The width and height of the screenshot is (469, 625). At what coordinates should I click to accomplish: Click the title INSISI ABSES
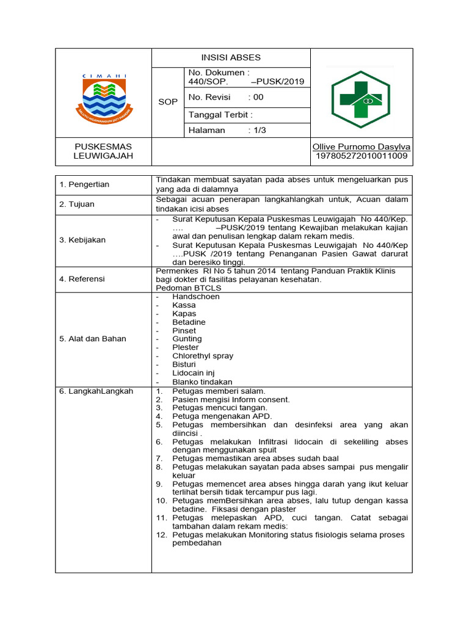pos(231,57)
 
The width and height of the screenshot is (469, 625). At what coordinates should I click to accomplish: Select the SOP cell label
pos(168,102)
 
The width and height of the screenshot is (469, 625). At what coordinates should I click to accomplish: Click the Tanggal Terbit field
pos(220,114)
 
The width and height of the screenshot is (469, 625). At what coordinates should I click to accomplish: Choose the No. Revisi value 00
pos(258,97)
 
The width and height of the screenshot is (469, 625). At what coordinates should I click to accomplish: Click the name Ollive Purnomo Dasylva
pos(361,147)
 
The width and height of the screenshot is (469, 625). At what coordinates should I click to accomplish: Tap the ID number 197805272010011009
pos(361,156)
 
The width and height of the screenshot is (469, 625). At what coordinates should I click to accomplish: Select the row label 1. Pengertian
pos(84,184)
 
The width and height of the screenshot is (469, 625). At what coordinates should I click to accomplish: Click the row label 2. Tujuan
pos(77,204)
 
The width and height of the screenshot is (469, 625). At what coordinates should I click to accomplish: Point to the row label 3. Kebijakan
pos(82,240)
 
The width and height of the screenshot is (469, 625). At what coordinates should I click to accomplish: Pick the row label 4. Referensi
pos(82,279)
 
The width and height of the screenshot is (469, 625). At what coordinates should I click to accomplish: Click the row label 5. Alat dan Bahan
pos(93,339)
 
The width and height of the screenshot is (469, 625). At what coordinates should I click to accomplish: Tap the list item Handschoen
pos(195,297)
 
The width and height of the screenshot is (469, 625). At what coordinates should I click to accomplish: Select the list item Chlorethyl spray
pos(203,356)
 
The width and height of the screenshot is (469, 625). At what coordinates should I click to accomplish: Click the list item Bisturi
pos(185,364)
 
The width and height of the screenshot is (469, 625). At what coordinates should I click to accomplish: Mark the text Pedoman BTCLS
pos(189,288)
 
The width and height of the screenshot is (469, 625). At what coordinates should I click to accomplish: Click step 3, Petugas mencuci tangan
pos(219,408)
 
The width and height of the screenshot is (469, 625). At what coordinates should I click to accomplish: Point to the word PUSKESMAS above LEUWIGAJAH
pos(103,147)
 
